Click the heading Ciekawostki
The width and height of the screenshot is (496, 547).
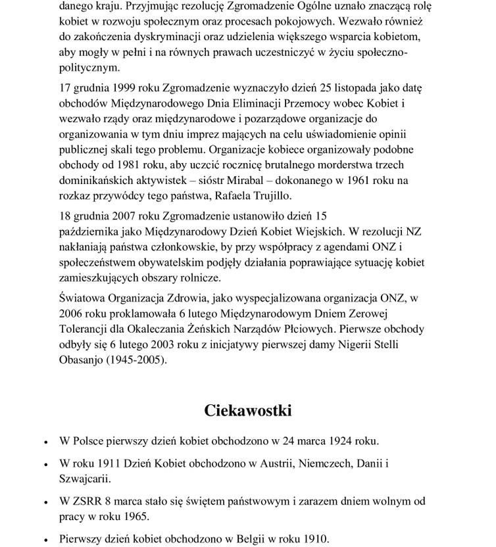[247, 411]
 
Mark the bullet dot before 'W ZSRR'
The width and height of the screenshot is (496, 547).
[46, 503]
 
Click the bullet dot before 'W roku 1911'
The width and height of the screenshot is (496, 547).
[46, 465]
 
